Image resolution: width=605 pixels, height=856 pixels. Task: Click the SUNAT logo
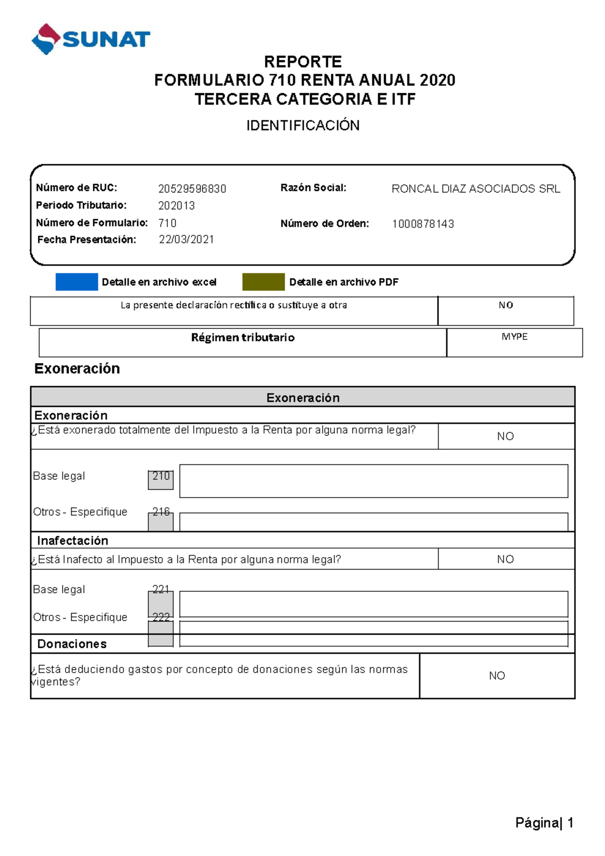tap(91, 39)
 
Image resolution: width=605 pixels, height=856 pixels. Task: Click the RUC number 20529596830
tap(192, 189)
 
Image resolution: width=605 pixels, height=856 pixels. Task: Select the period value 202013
tap(176, 206)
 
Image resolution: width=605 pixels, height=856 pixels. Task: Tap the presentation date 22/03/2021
tap(187, 239)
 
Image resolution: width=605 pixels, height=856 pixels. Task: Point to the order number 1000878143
tap(423, 224)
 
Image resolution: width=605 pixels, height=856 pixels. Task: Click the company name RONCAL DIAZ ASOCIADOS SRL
tap(475, 189)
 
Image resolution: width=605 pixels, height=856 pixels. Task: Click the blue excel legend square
tap(77, 282)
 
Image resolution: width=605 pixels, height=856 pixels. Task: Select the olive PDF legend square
tap(263, 282)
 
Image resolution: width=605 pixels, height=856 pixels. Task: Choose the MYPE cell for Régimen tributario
tap(514, 337)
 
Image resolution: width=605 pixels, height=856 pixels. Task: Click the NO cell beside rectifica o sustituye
tap(506, 305)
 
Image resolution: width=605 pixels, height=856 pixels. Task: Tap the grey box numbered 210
tap(161, 479)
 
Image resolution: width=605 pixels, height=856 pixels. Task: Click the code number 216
tap(161, 511)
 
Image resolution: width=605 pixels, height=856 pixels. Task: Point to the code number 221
tap(161, 589)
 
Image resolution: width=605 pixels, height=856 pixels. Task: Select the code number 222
tap(161, 617)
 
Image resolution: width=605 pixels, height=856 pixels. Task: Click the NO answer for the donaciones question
tap(497, 676)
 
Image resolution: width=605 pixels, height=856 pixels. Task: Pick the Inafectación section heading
tap(73, 540)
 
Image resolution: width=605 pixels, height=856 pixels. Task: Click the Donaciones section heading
tap(72, 644)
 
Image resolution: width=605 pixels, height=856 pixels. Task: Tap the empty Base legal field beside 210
tap(374, 481)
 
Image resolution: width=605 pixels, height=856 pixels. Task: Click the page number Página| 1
tap(544, 823)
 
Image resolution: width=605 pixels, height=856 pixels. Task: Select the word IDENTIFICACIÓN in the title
tap(302, 126)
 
